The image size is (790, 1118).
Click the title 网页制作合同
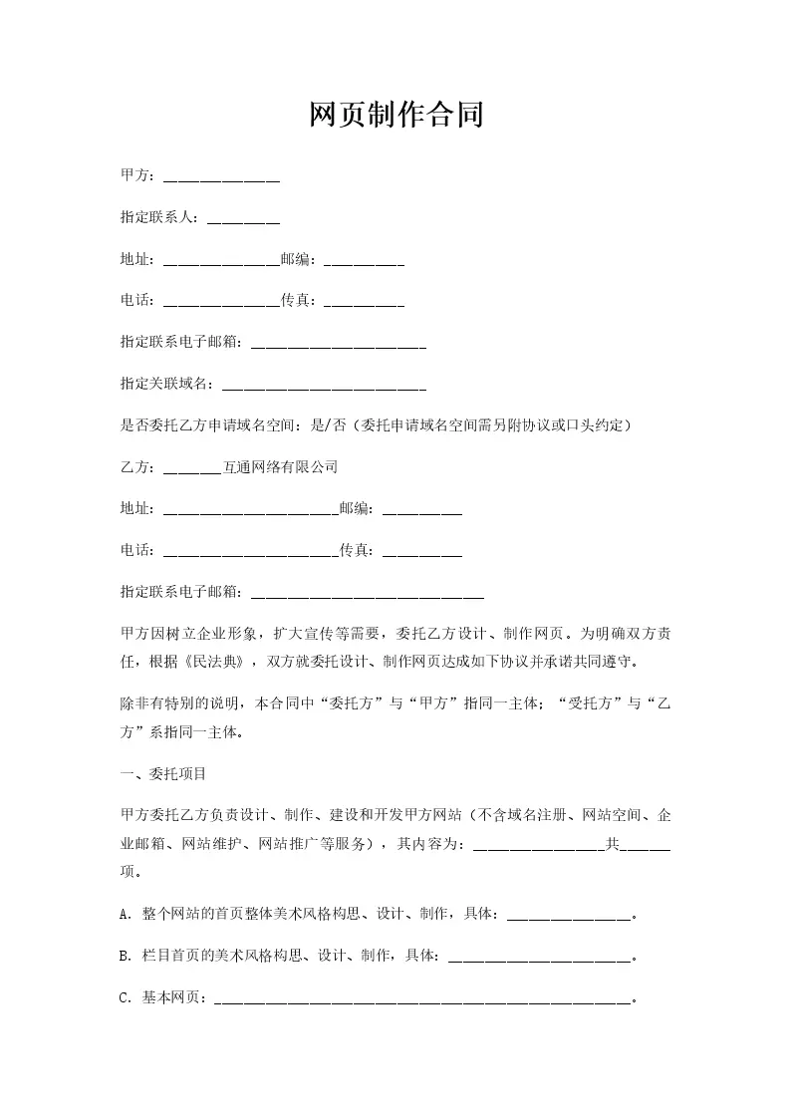pyautogui.click(x=395, y=115)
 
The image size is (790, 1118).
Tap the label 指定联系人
pyautogui.click(x=158, y=217)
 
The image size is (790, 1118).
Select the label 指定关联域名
pyautogui.click(x=165, y=383)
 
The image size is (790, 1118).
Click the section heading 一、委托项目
pyautogui.click(x=163, y=773)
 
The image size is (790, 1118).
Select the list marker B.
pyautogui.click(x=124, y=956)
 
